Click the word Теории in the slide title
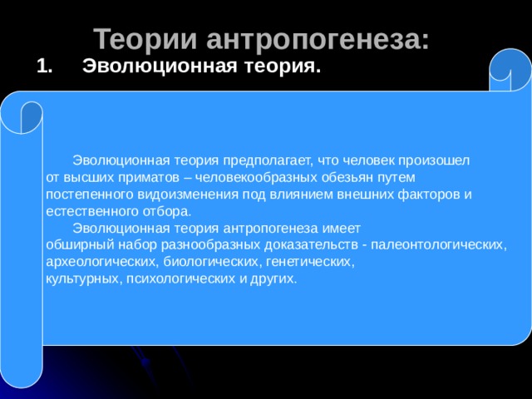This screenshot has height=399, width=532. coord(145,39)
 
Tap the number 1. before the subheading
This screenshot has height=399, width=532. coord(44,66)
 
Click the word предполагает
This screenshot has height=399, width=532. coord(268,160)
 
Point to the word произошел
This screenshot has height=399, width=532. coord(434,160)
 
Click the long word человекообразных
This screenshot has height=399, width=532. coord(256,177)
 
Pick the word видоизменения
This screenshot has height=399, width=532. coord(188,195)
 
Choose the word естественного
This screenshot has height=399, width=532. coord(92,211)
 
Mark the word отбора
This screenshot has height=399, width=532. coord(167,211)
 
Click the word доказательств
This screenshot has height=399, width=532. coord(311,244)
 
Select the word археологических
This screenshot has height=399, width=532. coord(102,262)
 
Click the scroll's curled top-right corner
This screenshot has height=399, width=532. coord(510,70)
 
